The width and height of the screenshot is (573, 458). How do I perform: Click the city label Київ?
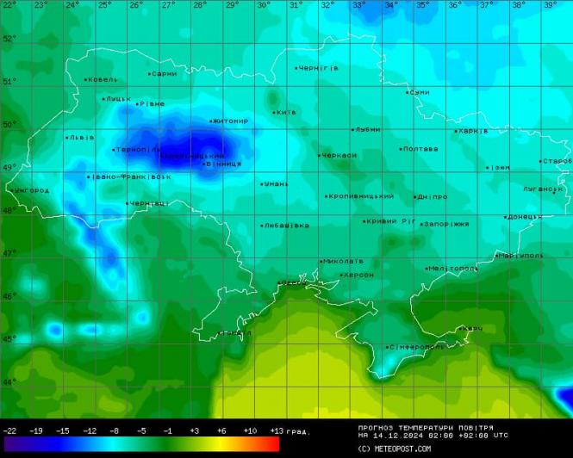286,112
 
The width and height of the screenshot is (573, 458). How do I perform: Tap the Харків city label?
473,131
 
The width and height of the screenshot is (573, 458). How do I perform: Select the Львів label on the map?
82,137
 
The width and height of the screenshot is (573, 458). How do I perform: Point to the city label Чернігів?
318,67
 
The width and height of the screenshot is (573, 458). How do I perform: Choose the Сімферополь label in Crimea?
416,347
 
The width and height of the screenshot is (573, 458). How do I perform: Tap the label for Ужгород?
32,189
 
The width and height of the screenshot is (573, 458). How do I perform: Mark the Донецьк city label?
524,217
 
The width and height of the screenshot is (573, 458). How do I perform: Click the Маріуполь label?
521,256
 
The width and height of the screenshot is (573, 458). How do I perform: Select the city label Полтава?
420,149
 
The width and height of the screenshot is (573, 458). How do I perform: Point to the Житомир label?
230,121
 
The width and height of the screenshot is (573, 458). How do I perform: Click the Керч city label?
472,328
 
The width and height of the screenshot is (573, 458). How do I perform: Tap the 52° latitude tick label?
9,39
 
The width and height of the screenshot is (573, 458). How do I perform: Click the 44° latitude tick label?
9,381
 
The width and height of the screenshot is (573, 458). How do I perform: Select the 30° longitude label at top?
264,5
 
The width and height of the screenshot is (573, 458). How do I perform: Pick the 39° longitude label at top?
550,5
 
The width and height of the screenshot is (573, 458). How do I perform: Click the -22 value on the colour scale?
10,430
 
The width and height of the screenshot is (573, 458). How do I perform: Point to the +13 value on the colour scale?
276,430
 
